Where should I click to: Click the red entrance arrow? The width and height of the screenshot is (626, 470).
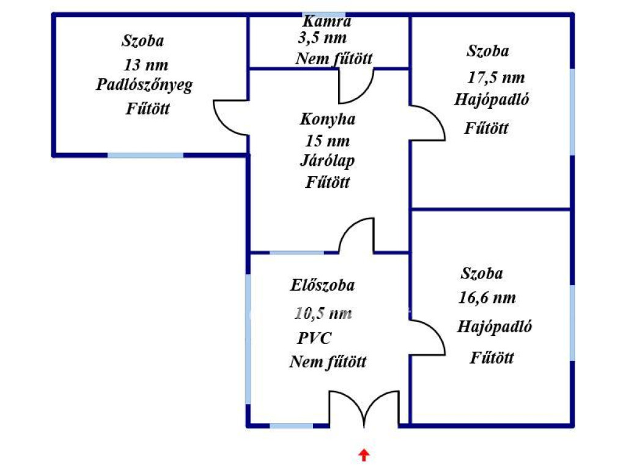[364, 455]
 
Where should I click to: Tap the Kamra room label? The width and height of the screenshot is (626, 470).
[327, 21]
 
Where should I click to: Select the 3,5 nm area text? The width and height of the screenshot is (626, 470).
[322, 39]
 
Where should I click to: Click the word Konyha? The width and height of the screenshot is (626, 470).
[328, 119]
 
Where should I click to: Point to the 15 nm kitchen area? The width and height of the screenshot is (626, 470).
[328, 141]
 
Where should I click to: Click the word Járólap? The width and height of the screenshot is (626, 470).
[327, 161]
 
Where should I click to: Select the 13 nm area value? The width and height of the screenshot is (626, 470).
[145, 65]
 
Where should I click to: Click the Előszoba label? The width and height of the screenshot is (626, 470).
[322, 285]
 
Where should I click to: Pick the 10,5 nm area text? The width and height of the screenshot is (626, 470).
[323, 313]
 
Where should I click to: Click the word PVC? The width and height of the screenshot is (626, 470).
[314, 338]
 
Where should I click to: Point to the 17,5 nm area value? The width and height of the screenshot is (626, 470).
[496, 78]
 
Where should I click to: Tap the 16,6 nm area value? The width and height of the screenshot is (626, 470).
[487, 298]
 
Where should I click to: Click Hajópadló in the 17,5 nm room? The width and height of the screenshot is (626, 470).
[492, 100]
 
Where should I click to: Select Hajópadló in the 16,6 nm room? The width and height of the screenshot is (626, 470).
[494, 327]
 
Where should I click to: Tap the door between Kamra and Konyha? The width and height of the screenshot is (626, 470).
[356, 86]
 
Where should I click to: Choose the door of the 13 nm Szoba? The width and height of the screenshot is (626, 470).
[231, 117]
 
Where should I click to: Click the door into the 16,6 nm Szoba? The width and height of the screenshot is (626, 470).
[427, 337]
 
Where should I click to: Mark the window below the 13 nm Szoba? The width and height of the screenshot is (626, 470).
[145, 155]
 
